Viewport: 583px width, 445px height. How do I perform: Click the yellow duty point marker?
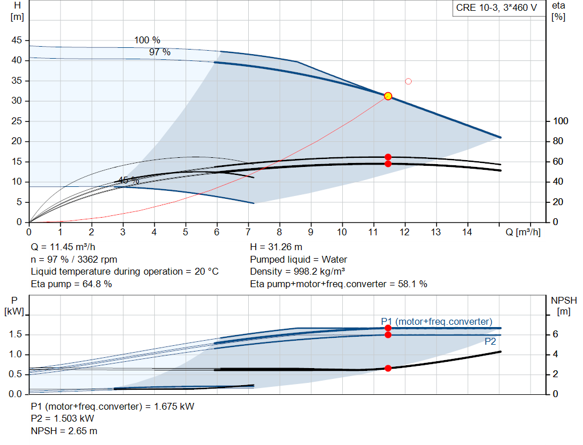pyautogui.click(x=388, y=96)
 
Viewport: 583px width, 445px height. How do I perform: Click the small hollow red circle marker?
pyautogui.click(x=408, y=81)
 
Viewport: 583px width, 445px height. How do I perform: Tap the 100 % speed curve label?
pyautogui.click(x=147, y=40)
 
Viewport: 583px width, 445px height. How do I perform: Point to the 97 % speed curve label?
pyautogui.click(x=159, y=52)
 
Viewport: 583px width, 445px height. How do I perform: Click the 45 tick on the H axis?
pyautogui.click(x=17, y=40)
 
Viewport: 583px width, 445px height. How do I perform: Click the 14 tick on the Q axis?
pyautogui.click(x=467, y=232)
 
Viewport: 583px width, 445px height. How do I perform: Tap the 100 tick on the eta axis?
pyautogui.click(x=561, y=121)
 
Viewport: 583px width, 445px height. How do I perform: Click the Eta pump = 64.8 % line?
pyautogui.click(x=71, y=283)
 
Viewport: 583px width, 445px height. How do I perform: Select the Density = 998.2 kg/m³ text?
pyautogui.click(x=298, y=271)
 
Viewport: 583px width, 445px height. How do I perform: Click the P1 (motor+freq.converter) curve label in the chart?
pyautogui.click(x=437, y=321)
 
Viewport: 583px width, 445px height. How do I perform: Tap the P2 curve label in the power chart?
pyautogui.click(x=490, y=342)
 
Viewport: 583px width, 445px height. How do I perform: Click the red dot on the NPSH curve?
pyautogui.click(x=388, y=368)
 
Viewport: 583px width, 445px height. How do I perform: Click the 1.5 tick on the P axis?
pyautogui.click(x=17, y=334)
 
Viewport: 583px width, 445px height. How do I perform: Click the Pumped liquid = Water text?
pyautogui.click(x=298, y=259)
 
